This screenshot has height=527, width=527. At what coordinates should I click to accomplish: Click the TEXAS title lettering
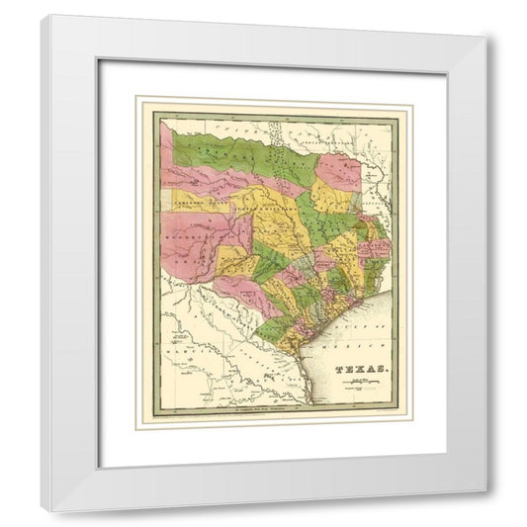point(360,370)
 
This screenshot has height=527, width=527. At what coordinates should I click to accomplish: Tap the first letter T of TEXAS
point(339,370)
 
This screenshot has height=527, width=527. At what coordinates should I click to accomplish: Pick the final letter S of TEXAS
point(380,370)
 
